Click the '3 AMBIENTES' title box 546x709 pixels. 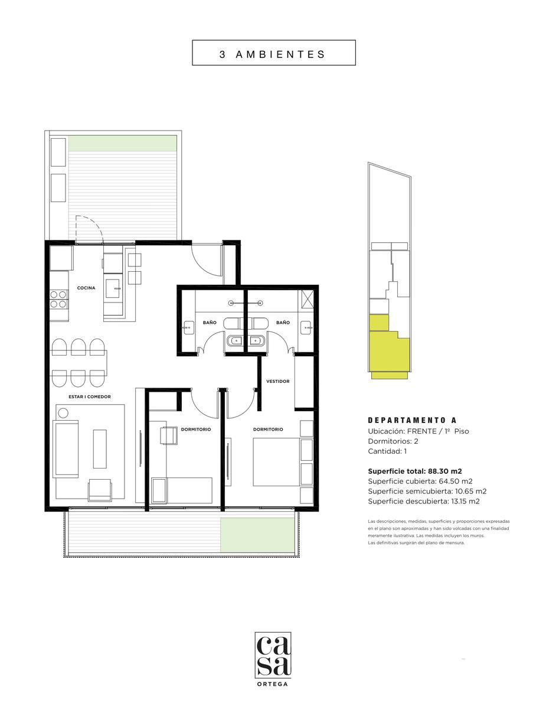click(273, 53)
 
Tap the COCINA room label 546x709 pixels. click(86, 288)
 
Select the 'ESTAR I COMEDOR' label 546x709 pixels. click(90, 396)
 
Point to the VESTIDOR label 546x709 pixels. click(278, 381)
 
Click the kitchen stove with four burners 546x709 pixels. click(58, 300)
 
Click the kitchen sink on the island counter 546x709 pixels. click(113, 288)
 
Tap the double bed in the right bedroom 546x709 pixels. click(276, 462)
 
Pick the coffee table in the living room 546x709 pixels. click(100, 449)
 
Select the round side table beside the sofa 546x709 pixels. click(63, 414)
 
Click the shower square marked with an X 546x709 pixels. click(308, 298)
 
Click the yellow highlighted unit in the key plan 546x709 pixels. click(389, 346)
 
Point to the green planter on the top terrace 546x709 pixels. click(123, 144)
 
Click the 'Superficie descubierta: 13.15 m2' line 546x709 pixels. click(424, 501)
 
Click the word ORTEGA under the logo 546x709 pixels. click(273, 684)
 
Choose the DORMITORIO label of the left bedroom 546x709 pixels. click(196, 430)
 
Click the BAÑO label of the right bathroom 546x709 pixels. click(283, 323)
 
